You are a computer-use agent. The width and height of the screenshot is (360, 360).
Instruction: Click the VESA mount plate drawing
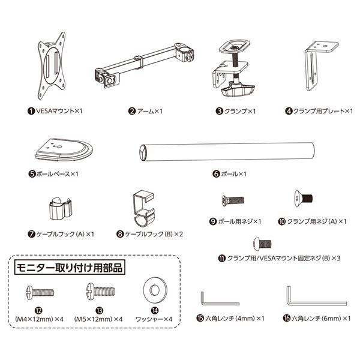pos(52,65)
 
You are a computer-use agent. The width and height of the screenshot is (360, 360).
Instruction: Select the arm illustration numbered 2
pos(144,65)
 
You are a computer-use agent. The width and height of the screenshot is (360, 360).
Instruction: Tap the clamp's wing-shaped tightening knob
pos(238,90)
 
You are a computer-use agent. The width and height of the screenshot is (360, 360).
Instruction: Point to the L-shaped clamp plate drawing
pos(321,65)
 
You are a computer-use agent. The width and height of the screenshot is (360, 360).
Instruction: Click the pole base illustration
pos(64,149)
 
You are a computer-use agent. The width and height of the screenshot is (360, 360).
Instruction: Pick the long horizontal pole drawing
pos(227,152)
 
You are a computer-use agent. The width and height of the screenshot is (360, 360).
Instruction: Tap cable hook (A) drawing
pos(61,208)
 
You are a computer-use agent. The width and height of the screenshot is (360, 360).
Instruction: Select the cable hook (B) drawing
pos(143,209)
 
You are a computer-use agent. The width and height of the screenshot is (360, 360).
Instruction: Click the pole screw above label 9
pos(233,200)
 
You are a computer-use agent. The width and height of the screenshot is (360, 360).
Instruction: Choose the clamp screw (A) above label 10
pos(303,198)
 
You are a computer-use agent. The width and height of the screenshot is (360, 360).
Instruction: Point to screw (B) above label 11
pos(262,244)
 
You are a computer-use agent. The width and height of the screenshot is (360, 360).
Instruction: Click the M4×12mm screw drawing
pos(40,292)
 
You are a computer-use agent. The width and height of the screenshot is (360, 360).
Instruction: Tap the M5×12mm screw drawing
pos(101,291)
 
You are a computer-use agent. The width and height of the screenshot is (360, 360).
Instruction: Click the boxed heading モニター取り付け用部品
pos(70,268)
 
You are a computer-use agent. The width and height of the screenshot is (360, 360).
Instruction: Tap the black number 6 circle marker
pos(216,174)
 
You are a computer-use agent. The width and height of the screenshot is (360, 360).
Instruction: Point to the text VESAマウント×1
pos(59,111)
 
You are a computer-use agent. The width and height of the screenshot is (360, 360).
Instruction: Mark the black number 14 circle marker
pos(155,310)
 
